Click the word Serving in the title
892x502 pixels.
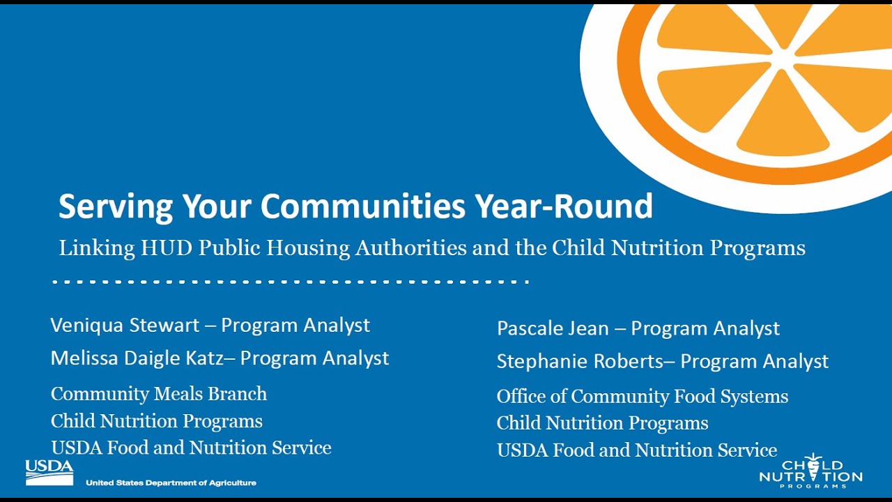[116, 206]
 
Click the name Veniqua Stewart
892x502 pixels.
[124, 325]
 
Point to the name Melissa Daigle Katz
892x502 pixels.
[136, 358]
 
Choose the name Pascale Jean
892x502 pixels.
[553, 328]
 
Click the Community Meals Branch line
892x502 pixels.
[158, 394]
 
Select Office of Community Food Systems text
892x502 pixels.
[642, 397]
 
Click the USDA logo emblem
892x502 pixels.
[49, 472]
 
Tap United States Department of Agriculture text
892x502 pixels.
[171, 482]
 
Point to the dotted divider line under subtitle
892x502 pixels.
[290, 282]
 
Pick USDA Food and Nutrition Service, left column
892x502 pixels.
[190, 448]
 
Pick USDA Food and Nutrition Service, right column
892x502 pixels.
[636, 450]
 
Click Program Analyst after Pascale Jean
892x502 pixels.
[705, 328]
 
